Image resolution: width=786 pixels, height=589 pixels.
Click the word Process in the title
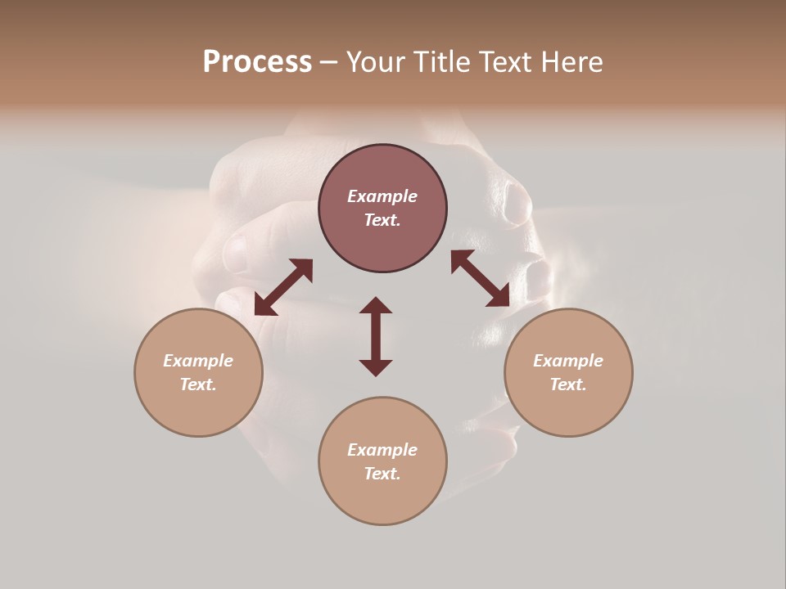pyautogui.click(x=257, y=62)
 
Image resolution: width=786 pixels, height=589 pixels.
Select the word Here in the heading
pyautogui.click(x=572, y=62)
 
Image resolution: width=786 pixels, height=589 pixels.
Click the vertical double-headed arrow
pyautogui.click(x=376, y=336)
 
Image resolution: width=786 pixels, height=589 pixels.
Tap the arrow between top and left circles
pyautogui.click(x=283, y=287)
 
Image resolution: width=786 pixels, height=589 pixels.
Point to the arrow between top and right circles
pyautogui.click(x=481, y=278)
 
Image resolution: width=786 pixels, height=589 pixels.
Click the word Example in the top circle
pyautogui.click(x=382, y=196)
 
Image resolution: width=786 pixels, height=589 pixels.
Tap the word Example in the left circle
pyautogui.click(x=198, y=361)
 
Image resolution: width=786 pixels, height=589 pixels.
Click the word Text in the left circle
pyautogui.click(x=198, y=384)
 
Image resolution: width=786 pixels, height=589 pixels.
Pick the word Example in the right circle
pyautogui.click(x=568, y=361)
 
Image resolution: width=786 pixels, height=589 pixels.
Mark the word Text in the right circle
pyautogui.click(x=568, y=384)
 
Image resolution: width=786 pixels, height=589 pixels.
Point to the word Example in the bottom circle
pyautogui.click(x=382, y=450)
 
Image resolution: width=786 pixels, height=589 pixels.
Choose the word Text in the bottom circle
pyautogui.click(x=382, y=474)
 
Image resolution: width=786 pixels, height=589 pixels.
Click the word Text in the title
pyautogui.click(x=507, y=62)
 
